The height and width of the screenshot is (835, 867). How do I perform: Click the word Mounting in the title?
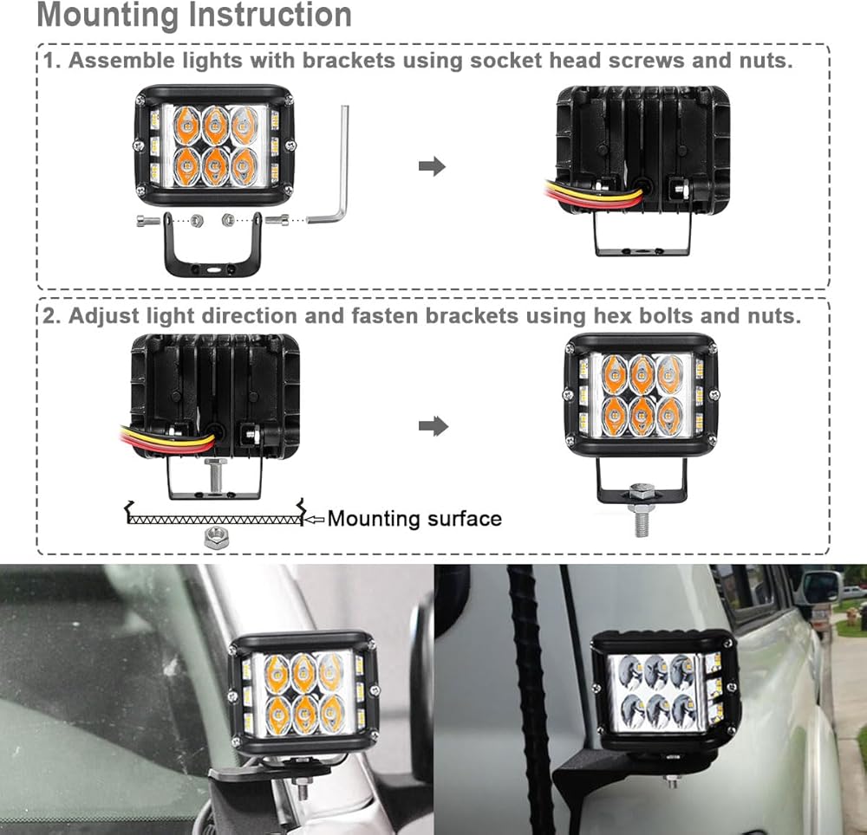pyautogui.click(x=102, y=15)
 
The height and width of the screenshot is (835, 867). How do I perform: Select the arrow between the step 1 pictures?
pyautogui.click(x=432, y=166)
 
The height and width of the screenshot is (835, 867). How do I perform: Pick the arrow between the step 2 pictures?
pyautogui.click(x=433, y=425)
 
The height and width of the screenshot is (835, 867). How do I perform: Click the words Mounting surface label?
pyautogui.click(x=414, y=519)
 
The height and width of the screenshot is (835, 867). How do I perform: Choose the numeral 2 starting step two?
pyautogui.click(x=49, y=315)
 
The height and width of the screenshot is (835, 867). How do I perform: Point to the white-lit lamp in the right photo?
pyautogui.click(x=663, y=689)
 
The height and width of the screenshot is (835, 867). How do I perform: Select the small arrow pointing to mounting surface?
pyautogui.click(x=314, y=519)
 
